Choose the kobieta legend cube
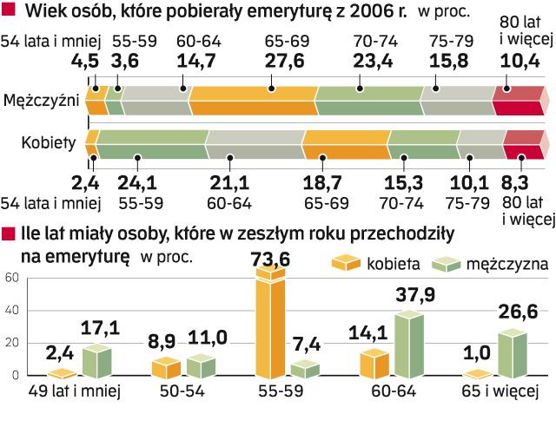pyautogui.click(x=347, y=263)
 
